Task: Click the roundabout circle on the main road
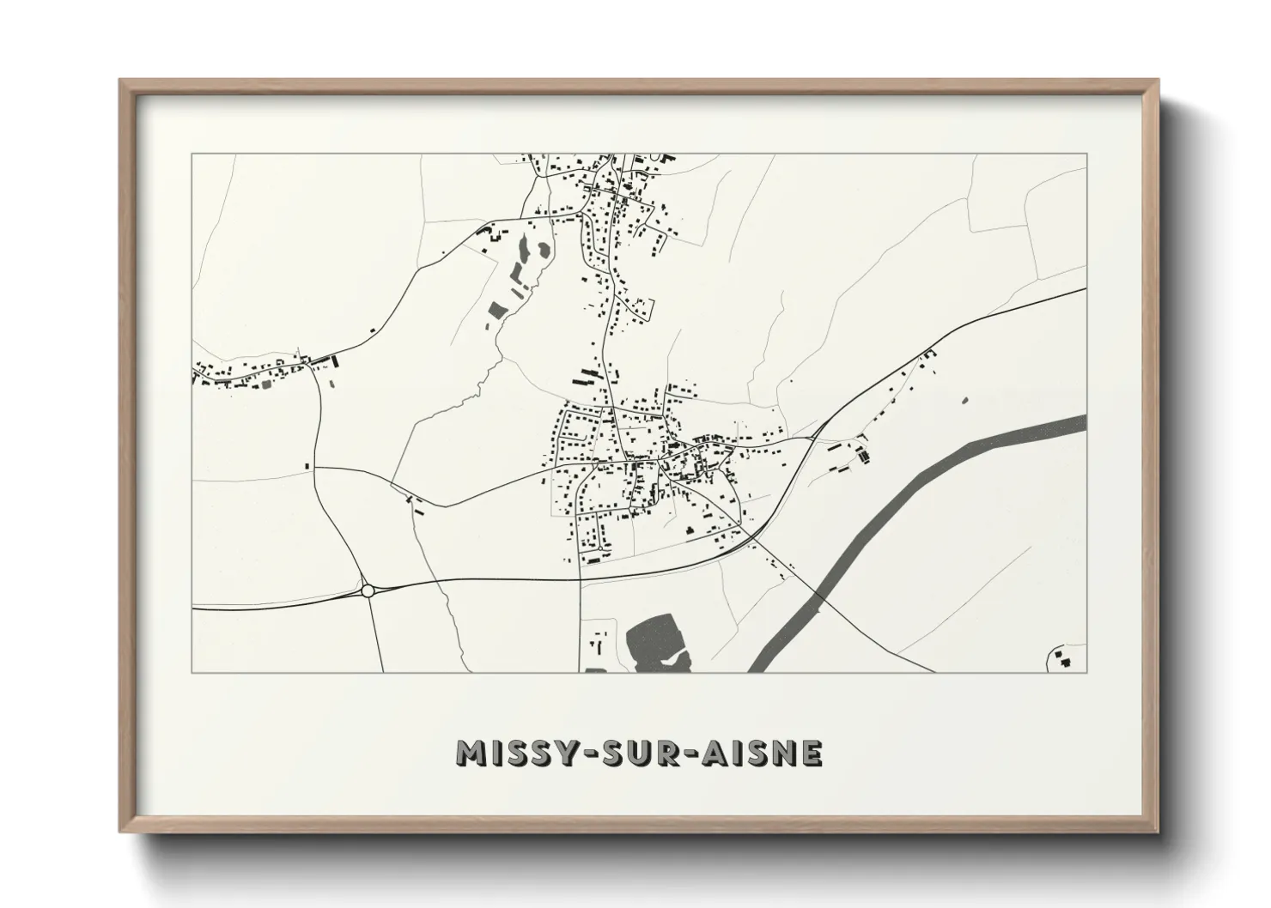coord(368,590)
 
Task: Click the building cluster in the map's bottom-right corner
coord(1065,659)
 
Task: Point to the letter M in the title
coord(471,753)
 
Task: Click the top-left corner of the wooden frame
coord(120,81)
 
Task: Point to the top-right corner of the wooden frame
coord(1158,81)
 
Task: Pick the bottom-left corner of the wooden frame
coord(120,831)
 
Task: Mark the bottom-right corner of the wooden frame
coord(1158,832)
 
